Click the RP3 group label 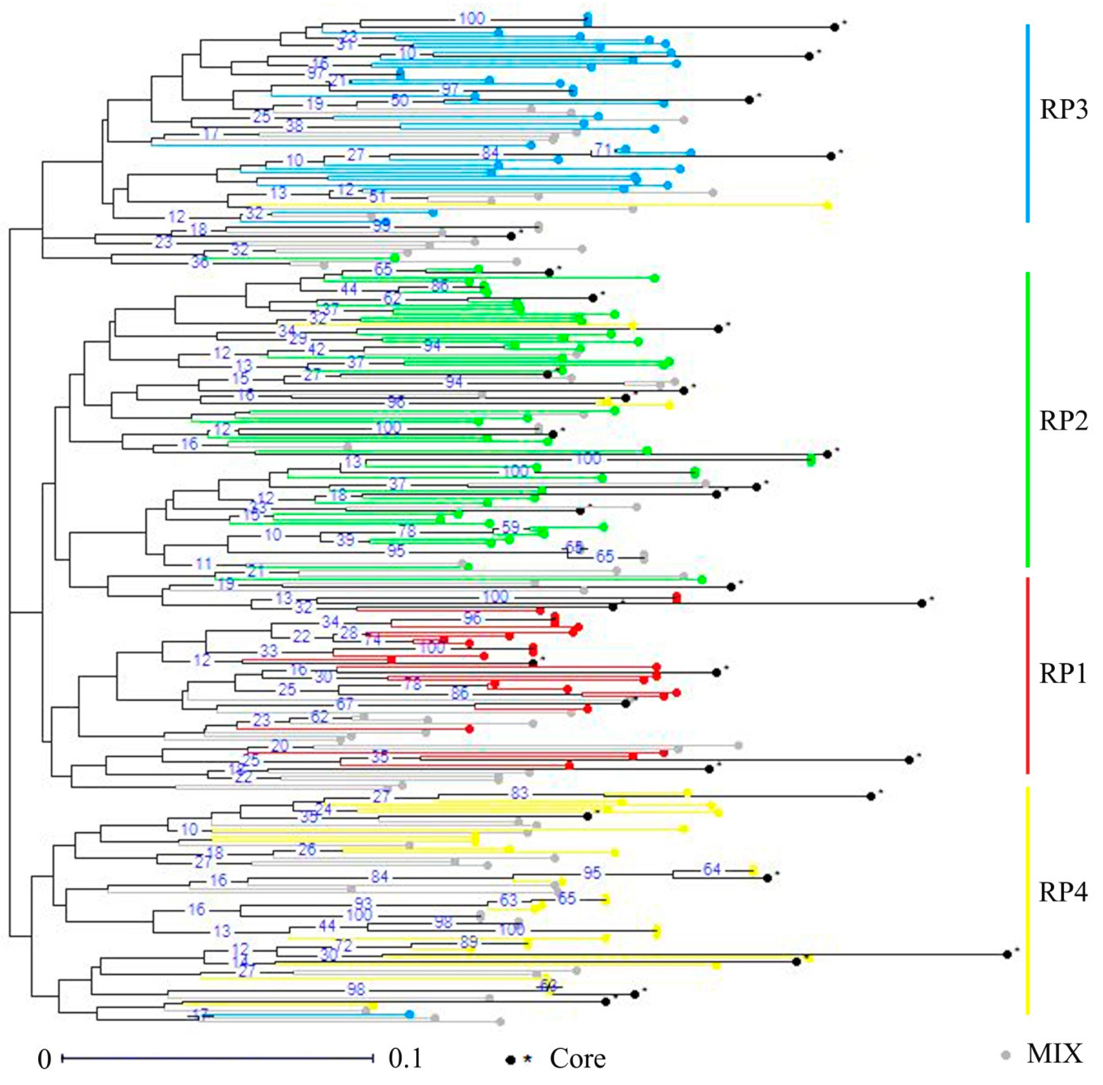click(x=1063, y=110)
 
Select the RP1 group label click(x=1063, y=674)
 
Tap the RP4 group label click(x=1063, y=893)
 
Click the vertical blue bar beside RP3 click(x=1027, y=122)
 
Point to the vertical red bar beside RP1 click(x=1027, y=675)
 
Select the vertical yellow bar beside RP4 click(x=1027, y=901)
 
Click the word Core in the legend click(x=577, y=1059)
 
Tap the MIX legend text click(x=1054, y=1054)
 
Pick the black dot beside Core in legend click(x=511, y=1059)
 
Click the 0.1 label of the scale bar click(x=405, y=1059)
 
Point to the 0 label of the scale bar click(x=45, y=1059)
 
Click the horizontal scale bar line click(x=217, y=1058)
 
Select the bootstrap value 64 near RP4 click(x=711, y=869)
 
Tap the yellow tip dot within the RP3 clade click(x=828, y=205)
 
